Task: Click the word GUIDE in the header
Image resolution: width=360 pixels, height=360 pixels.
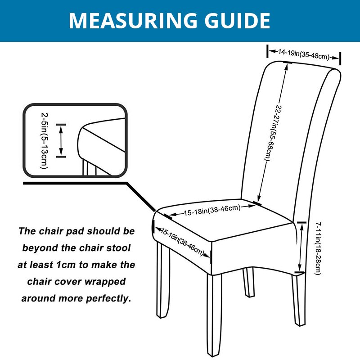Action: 237,20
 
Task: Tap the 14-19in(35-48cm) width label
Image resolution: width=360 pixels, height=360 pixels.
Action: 304,54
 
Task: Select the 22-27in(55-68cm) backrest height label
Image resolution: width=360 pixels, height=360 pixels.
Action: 273,133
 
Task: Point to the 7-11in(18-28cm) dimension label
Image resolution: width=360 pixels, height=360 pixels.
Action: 318,248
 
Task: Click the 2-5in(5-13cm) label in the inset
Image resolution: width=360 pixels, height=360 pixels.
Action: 45,140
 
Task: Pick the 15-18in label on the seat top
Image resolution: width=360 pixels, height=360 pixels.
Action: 212,210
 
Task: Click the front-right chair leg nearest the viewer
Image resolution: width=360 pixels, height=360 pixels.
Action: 215,315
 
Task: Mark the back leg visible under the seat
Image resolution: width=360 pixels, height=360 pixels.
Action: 249,282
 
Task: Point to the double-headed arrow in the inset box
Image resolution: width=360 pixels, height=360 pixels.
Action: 61,141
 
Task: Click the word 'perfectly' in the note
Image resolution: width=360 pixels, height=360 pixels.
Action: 108,298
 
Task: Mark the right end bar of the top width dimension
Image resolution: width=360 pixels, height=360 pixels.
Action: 340,58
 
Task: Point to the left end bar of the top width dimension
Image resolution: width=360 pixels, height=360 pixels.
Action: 267,51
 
